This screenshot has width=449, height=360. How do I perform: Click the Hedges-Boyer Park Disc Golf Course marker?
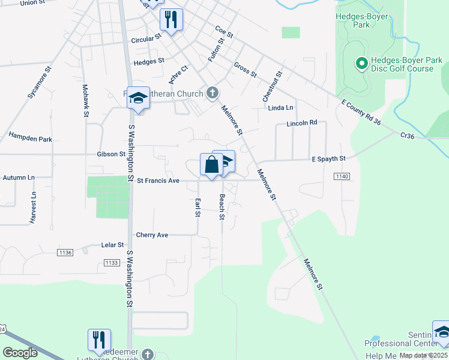pos(362,62)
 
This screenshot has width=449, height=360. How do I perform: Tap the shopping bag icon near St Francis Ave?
pos(211,165)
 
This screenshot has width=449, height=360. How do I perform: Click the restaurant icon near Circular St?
pos(171,20)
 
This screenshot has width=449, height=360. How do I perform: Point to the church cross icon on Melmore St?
pos(211,93)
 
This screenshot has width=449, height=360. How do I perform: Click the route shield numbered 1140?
pos(342,176)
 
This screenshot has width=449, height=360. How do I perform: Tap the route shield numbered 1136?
pos(65,253)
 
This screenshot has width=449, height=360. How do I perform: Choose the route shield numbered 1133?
pos(111,263)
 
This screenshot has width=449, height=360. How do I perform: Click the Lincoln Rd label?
pos(301,123)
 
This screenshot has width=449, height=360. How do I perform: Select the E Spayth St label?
pos(329,158)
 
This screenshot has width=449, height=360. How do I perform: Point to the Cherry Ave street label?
pos(152,235)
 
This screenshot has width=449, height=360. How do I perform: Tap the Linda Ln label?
pos(281,108)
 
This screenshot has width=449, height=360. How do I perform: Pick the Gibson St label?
pos(110,154)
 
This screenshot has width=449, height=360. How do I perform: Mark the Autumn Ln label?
pos(19,178)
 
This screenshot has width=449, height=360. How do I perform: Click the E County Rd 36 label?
pos(361,113)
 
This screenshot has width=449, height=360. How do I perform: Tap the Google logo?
pos(21,352)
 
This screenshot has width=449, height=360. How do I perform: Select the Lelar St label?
pos(112,245)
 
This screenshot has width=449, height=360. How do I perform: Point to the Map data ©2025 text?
pos(423,355)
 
